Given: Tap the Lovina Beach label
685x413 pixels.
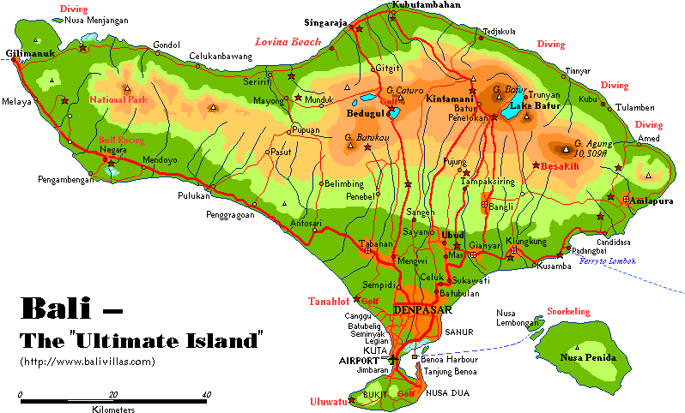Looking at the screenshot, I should (x=288, y=42).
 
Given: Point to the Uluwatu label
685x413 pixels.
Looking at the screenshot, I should (x=328, y=402).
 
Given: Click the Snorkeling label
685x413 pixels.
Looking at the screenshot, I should (x=568, y=312).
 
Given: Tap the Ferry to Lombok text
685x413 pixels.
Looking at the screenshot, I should (x=608, y=260).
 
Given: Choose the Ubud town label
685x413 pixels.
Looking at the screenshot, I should (x=452, y=234).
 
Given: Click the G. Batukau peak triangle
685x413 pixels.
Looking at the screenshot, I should (x=351, y=147).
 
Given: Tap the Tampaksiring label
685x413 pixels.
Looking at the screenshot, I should (x=492, y=182).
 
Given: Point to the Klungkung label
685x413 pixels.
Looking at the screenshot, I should (x=526, y=241).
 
